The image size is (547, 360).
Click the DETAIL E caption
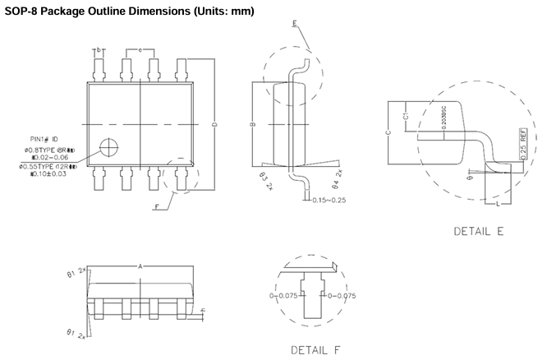click(478, 231)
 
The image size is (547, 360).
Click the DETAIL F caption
click(315, 350)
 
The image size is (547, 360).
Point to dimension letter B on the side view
click(253, 124)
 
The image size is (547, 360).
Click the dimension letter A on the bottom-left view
click(140, 266)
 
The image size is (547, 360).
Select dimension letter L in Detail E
click(498, 201)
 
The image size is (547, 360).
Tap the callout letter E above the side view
click(295, 24)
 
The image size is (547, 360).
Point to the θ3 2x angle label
click(264, 178)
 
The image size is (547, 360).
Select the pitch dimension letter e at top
click(140, 51)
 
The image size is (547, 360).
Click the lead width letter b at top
click(99, 51)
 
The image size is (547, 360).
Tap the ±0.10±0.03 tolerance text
click(48, 173)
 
